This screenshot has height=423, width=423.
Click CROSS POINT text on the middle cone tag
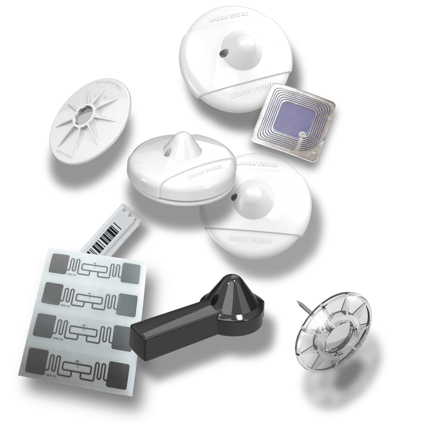click(x=201, y=172)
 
